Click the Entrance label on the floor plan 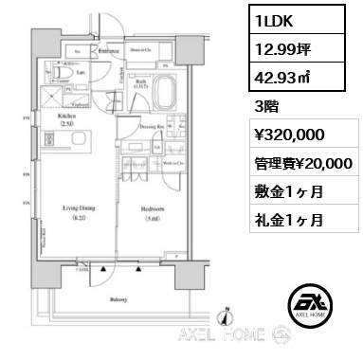click(109, 49)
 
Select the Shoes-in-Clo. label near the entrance click(141, 49)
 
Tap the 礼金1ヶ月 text click(287, 220)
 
